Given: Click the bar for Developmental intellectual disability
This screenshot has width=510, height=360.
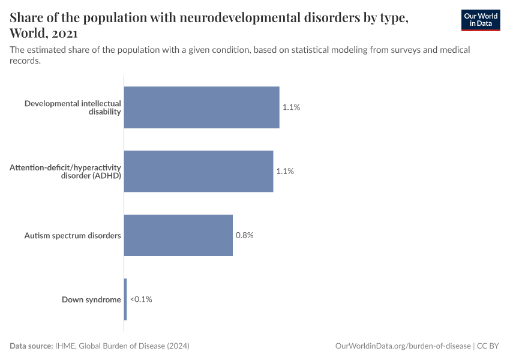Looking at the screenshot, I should [x=202, y=107].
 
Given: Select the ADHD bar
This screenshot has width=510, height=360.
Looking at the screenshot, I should [x=199, y=171].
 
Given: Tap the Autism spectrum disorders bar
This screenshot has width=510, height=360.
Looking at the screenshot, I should [x=178, y=235].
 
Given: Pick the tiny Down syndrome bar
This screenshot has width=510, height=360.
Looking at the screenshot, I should [x=125, y=299].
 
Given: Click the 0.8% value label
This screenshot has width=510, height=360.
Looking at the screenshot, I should [x=244, y=235].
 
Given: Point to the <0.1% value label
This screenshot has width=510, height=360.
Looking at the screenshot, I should [x=141, y=299].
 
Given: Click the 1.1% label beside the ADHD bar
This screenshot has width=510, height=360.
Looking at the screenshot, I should [x=285, y=171].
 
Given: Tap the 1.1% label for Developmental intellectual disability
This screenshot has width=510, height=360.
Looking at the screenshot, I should [x=291, y=107].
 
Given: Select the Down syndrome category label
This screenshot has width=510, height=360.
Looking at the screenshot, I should [x=91, y=299].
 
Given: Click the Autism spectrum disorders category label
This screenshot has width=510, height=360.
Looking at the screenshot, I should [x=73, y=235].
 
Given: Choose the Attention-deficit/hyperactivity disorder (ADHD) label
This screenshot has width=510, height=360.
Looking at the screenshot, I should [x=65, y=171].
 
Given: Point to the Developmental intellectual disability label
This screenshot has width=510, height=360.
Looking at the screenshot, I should [x=73, y=107].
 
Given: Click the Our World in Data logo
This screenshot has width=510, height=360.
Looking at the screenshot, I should [x=481, y=20].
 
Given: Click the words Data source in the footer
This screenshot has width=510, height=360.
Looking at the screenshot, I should [x=31, y=346].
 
